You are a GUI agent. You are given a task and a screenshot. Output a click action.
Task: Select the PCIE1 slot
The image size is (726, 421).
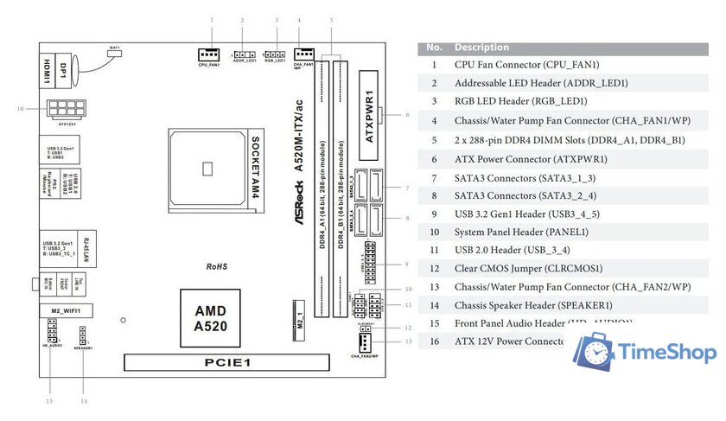click(228, 364)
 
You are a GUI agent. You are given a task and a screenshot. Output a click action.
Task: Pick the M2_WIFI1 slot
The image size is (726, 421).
click(66, 309)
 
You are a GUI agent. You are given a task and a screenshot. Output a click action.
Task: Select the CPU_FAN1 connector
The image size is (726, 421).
click(209, 54)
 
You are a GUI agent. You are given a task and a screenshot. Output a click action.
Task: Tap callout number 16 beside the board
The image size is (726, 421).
click(19, 109)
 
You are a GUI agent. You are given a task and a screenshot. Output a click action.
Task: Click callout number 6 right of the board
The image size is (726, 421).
click(406, 114)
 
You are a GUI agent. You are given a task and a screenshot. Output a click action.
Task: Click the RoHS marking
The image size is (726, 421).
click(216, 267)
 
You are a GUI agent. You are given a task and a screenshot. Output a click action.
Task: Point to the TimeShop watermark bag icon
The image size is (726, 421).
click(595, 352)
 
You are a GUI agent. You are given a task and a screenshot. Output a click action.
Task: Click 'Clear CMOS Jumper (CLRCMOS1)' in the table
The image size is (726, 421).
click(528, 268)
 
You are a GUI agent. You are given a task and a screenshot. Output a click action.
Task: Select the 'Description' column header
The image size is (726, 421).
click(481, 48)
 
